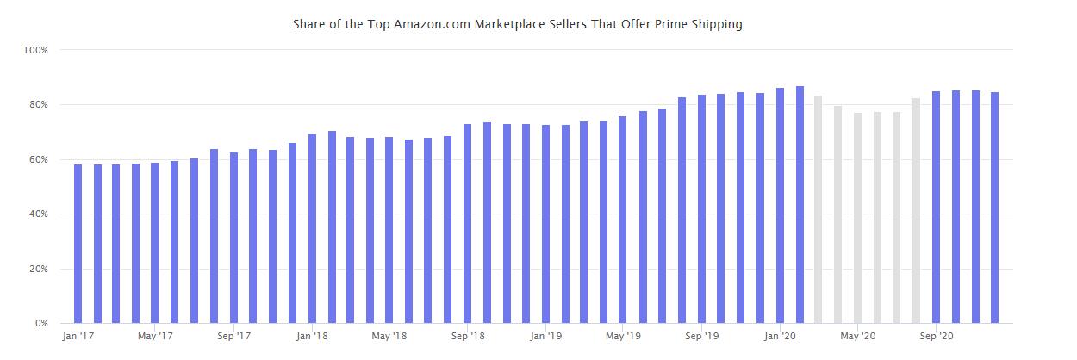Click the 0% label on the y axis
(x=40, y=324)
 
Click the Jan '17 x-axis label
(x=78, y=337)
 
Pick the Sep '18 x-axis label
(x=467, y=337)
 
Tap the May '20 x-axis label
(x=857, y=337)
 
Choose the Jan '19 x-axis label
(x=545, y=337)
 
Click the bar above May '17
(x=155, y=243)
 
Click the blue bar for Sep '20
(x=936, y=208)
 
